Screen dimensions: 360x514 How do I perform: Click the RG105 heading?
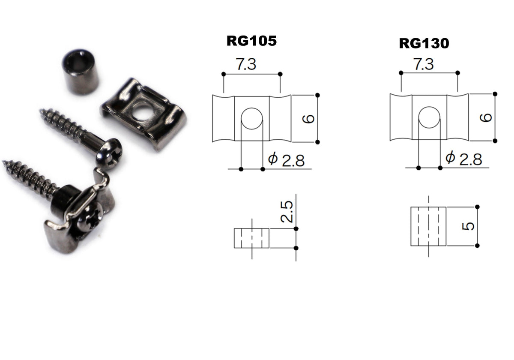pyautogui.click(x=251, y=41)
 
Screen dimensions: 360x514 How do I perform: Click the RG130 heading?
pyautogui.click(x=424, y=43)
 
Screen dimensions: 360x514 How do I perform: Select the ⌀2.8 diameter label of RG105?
pyautogui.click(x=286, y=160)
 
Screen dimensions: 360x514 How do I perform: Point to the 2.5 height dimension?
pyautogui.click(x=288, y=212)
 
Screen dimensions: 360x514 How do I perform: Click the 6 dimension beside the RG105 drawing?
pyautogui.click(x=309, y=118)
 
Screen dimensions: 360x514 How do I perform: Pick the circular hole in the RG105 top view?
pyautogui.click(x=251, y=117)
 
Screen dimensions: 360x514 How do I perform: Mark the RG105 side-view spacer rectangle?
pyautogui.click(x=251, y=238)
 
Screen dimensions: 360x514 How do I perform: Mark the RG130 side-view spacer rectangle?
pyautogui.click(x=429, y=226)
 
